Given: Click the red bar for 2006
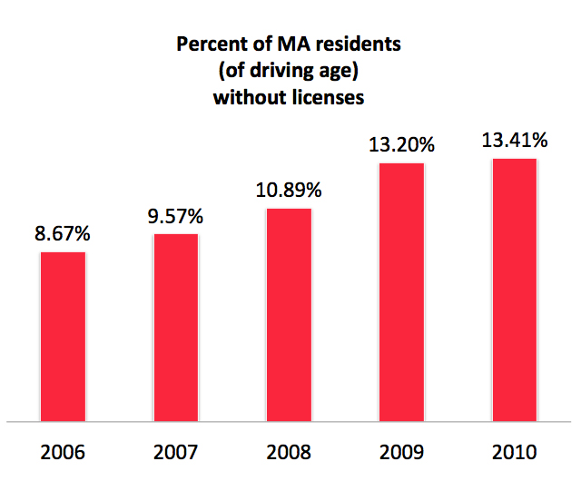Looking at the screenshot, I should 64,337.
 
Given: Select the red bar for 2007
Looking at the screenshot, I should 176,328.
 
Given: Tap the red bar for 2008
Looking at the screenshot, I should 289,315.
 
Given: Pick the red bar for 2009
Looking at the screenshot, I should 401,292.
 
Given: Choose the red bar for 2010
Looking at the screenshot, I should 514,290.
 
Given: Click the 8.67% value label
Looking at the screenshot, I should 64,234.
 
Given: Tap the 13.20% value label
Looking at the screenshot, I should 401,144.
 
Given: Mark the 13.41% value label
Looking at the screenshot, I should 514,140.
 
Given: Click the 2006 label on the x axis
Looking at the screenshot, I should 64,451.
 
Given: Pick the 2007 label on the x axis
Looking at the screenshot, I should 176,451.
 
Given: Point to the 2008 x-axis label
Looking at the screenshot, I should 289,451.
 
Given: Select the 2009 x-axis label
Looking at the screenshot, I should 401,451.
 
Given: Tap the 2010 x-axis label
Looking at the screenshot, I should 514,451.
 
